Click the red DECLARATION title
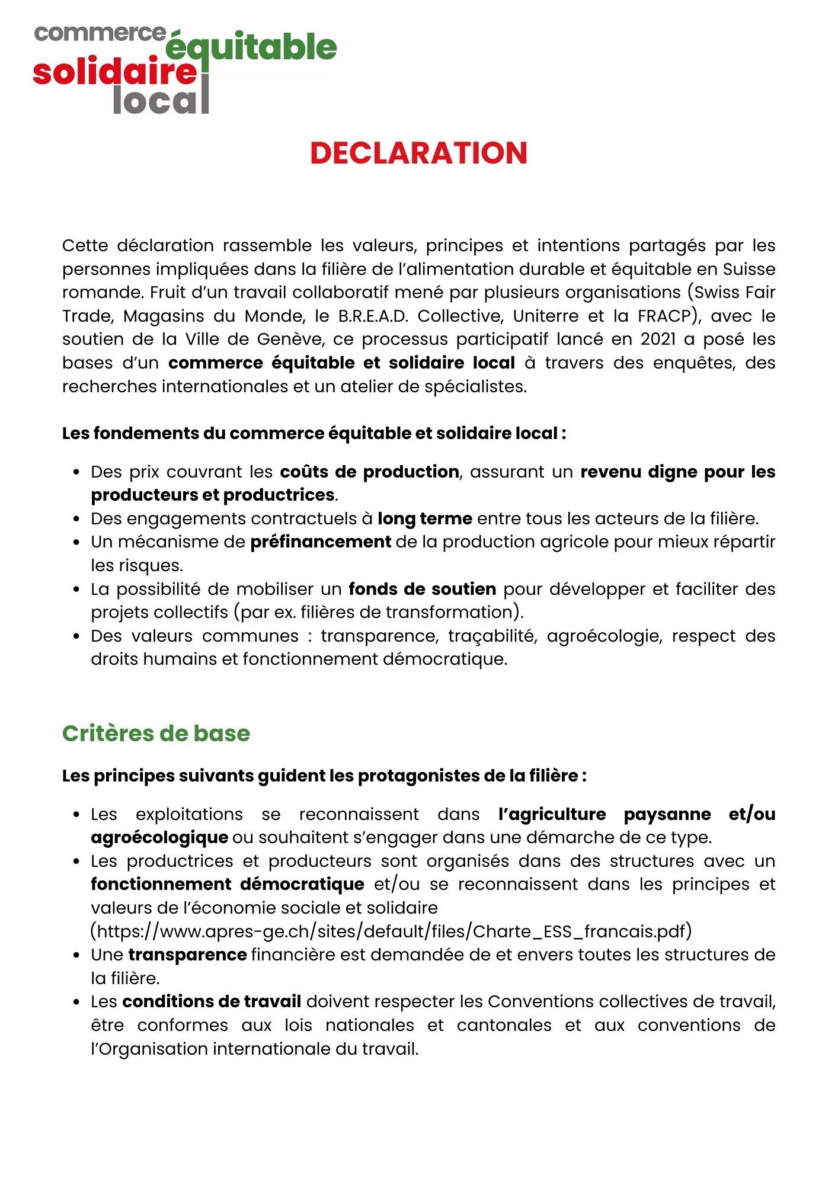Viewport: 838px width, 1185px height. (418, 153)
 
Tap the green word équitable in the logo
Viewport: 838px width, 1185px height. (251, 47)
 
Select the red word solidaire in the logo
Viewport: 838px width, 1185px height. (114, 72)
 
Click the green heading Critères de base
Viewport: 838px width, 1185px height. (156, 734)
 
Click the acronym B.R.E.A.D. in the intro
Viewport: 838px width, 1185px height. (373, 316)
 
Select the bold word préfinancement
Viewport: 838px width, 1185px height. (321, 542)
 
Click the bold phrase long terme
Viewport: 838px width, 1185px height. (425, 518)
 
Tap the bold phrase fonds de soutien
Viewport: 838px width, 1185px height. (422, 589)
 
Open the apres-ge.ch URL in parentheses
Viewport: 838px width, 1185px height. (391, 931)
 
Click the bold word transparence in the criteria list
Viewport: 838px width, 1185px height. (187, 955)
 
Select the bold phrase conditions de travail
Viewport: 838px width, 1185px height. (212, 1001)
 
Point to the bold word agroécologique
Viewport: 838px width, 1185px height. (159, 837)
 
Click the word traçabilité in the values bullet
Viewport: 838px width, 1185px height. (491, 636)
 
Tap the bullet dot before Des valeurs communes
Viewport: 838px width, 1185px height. (76, 636)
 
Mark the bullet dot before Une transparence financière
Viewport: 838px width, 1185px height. (76, 955)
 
